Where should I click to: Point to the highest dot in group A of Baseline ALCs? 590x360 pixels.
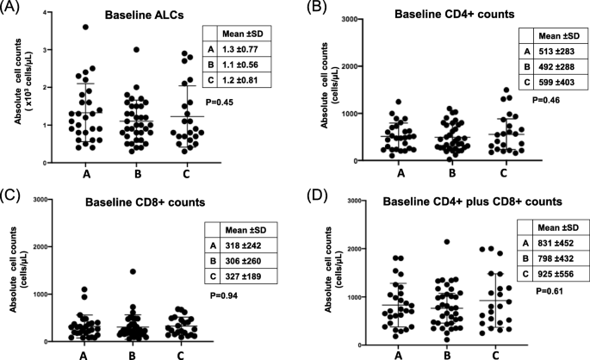[x=84, y=27]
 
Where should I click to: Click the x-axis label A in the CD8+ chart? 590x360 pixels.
[x=84, y=352]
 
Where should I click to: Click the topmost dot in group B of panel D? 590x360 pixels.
[x=446, y=242]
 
